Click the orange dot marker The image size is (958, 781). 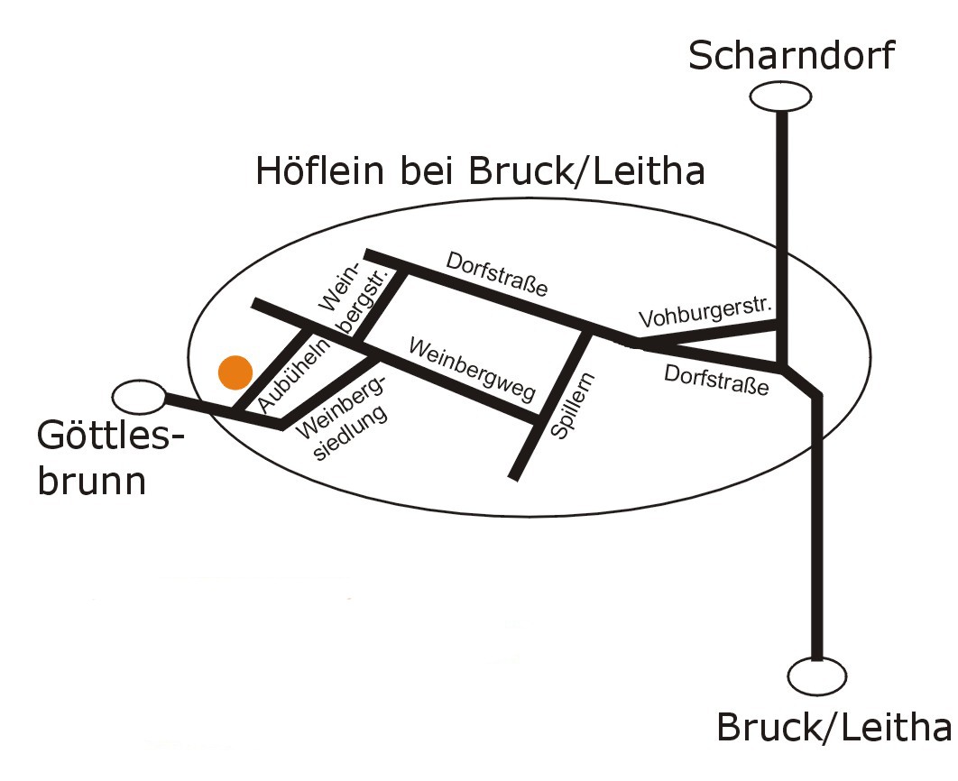pyautogui.click(x=235, y=372)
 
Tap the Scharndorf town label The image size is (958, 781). pyautogui.click(x=791, y=55)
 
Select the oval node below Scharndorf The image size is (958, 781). pyautogui.click(x=780, y=96)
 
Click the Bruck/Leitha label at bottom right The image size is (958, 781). pyautogui.click(x=834, y=727)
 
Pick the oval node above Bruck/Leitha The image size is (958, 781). pyautogui.click(x=817, y=676)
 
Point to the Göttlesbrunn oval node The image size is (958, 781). pyautogui.click(x=139, y=398)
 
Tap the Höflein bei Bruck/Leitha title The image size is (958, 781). pyautogui.click(x=480, y=170)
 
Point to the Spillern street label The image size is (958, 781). pyautogui.click(x=573, y=406)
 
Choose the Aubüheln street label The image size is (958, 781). pyautogui.click(x=294, y=374)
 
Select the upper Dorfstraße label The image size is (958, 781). pyautogui.click(x=497, y=274)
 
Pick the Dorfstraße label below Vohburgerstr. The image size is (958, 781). pyautogui.click(x=716, y=380)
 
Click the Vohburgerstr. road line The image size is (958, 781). pyautogui.click(x=707, y=335)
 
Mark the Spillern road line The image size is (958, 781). pyautogui.click(x=551, y=405)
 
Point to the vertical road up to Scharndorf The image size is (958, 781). pyautogui.click(x=781, y=238)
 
